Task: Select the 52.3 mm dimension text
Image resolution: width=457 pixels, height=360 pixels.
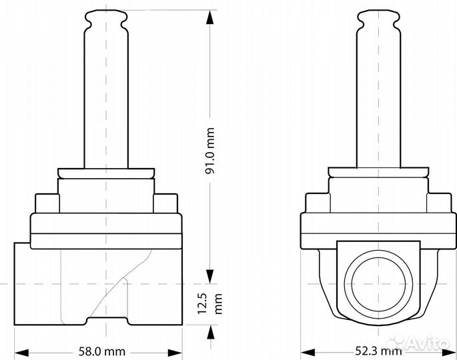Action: (x=377, y=349)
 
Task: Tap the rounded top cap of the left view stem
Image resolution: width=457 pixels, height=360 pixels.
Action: (x=107, y=18)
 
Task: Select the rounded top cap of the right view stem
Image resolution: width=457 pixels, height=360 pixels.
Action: (x=378, y=18)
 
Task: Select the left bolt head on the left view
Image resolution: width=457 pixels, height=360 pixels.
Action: (x=45, y=202)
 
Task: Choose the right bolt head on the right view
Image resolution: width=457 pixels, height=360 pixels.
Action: (x=437, y=202)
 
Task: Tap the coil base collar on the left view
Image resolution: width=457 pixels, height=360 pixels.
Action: (x=107, y=173)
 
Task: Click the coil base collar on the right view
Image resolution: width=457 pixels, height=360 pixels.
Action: (x=378, y=173)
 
